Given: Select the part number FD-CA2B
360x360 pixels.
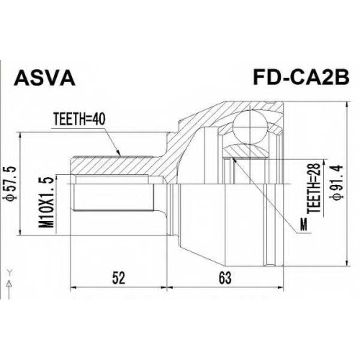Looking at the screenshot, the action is click(x=301, y=77).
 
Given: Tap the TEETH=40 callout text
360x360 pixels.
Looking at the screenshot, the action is click(x=79, y=120).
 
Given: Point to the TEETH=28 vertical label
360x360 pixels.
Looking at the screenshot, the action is click(x=314, y=188).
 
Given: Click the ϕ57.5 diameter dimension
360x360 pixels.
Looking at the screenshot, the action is click(x=12, y=183).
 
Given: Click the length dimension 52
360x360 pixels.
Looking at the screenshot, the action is click(x=119, y=278).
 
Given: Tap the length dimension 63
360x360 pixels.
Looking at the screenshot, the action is click(x=225, y=278).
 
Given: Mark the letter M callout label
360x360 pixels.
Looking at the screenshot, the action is click(x=304, y=224).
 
